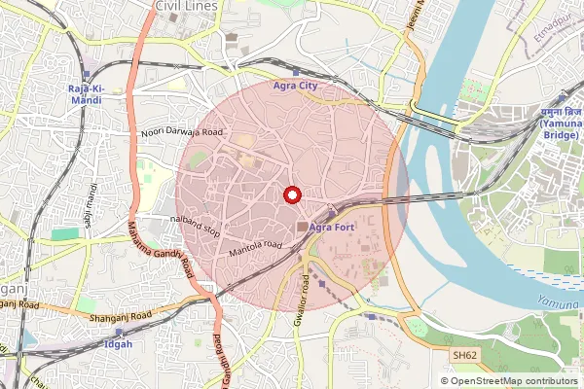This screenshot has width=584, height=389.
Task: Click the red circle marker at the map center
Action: pos(290,195)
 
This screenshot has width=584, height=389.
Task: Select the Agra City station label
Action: pos(296,86)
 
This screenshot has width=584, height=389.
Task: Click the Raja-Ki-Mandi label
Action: pos(87,94)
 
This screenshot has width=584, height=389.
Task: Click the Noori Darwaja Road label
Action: pos(183,131)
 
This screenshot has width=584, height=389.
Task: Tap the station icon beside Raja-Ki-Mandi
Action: pos(87,74)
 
